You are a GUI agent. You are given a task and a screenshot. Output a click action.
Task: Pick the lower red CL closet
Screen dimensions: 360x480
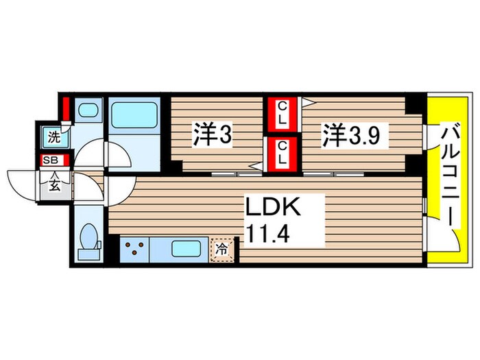click(x=282, y=156)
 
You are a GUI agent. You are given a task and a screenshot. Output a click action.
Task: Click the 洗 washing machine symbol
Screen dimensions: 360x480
click(x=53, y=137)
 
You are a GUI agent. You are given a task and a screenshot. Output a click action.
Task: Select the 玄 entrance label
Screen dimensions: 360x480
click(x=53, y=185)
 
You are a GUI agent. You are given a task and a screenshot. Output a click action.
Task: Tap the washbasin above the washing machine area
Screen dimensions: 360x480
click(x=87, y=110)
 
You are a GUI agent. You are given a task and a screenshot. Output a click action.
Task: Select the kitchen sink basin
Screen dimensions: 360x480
click(x=184, y=248)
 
